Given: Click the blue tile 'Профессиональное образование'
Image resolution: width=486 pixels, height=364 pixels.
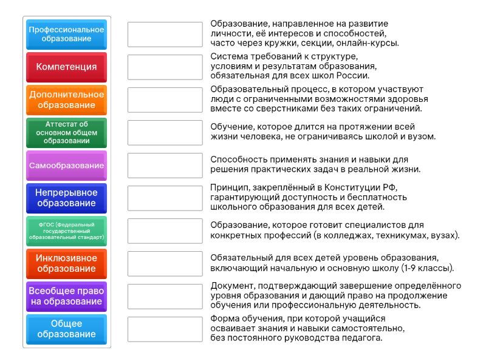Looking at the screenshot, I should [x=66, y=34].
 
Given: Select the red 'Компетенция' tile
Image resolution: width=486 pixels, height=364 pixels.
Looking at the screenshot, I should [x=66, y=67].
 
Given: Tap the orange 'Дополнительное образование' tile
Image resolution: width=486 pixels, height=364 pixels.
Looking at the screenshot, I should [x=66, y=99].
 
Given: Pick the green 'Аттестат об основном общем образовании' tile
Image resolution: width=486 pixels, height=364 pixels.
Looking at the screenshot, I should [x=66, y=132].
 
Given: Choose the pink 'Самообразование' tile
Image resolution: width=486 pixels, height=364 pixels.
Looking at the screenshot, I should [x=66, y=165].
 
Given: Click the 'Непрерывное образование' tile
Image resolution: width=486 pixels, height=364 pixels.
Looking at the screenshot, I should [x=66, y=198].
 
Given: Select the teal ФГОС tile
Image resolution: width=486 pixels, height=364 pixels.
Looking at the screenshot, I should [x=66, y=231].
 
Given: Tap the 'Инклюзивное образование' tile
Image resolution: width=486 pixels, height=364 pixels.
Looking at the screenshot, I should [x=66, y=263].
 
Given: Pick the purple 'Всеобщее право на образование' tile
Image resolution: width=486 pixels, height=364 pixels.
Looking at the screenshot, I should [x=66, y=296].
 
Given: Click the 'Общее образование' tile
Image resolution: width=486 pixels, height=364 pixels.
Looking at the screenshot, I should [x=66, y=329].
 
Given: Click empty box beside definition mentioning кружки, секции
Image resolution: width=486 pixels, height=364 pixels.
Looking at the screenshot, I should [x=165, y=34].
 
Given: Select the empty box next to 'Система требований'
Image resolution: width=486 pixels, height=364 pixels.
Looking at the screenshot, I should [x=165, y=67].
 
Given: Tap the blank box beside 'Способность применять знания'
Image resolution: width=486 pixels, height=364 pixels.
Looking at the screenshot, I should [x=165, y=165].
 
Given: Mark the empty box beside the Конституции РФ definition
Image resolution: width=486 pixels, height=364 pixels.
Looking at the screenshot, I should [x=165, y=198].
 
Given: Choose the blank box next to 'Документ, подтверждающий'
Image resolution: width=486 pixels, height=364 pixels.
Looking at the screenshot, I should [x=165, y=296].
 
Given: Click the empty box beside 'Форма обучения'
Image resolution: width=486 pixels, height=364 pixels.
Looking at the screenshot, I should [x=165, y=329].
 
